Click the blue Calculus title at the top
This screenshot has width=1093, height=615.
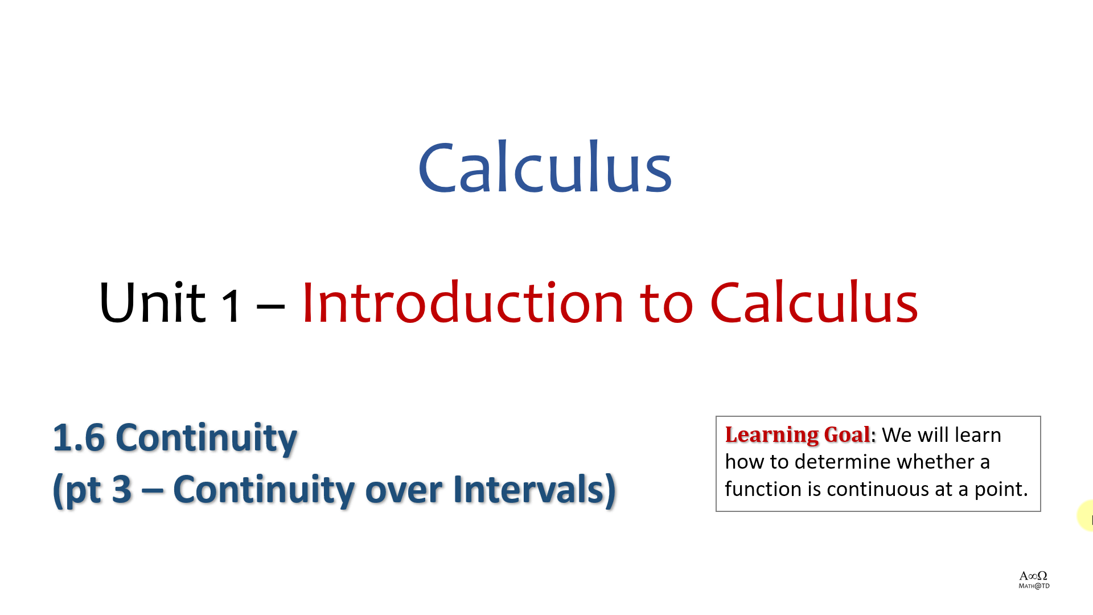(x=545, y=167)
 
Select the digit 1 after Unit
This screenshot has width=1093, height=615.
(x=231, y=306)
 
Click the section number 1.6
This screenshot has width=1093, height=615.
(x=79, y=438)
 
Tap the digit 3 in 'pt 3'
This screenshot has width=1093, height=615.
(x=122, y=489)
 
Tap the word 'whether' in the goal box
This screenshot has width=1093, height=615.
(x=935, y=462)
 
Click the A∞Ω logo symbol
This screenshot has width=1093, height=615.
(x=1033, y=576)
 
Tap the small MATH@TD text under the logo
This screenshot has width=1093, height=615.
(x=1034, y=586)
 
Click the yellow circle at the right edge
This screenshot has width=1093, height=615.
(x=1085, y=516)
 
